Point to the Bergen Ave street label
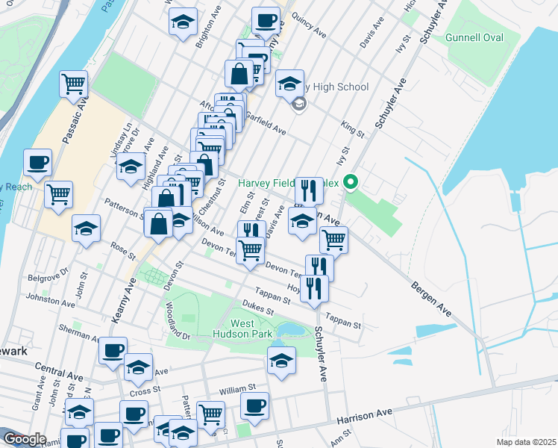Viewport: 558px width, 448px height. [x=431, y=296]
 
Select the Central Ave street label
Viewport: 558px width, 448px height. [x=59, y=368]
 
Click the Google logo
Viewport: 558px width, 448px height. [x=24, y=439]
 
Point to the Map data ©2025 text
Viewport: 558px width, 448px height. [x=526, y=442]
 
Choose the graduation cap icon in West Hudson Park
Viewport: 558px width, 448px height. [x=280, y=361]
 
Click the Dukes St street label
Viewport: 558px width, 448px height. [x=257, y=307]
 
